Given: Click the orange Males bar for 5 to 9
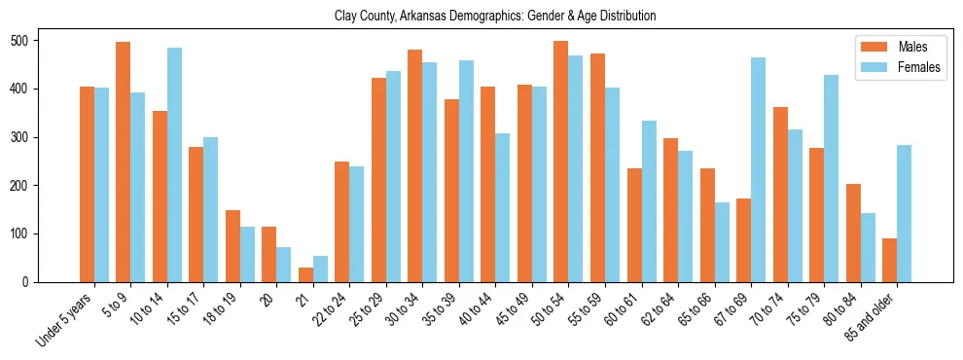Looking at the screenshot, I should (124, 162).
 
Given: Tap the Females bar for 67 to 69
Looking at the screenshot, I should (758, 170).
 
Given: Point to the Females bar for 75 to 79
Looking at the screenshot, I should (831, 178).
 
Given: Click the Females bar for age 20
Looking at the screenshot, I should (284, 265).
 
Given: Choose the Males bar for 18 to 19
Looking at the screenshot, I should (232, 246).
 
